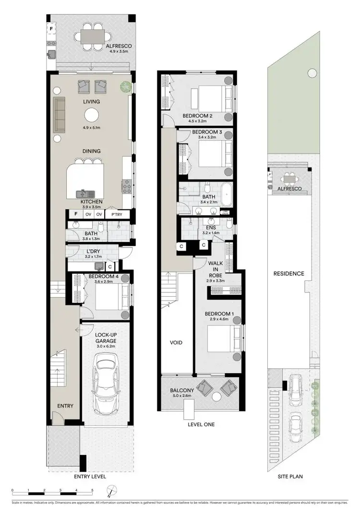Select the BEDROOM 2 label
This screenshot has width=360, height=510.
point(197,116)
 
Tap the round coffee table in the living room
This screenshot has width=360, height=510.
point(91,115)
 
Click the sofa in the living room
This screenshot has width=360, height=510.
point(59,114)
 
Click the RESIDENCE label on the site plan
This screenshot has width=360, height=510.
point(288,274)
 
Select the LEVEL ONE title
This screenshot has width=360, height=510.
point(201,425)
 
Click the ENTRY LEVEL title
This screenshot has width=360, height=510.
point(90,477)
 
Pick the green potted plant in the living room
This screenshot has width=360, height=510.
point(125,86)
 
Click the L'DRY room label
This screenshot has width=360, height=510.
point(93,251)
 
